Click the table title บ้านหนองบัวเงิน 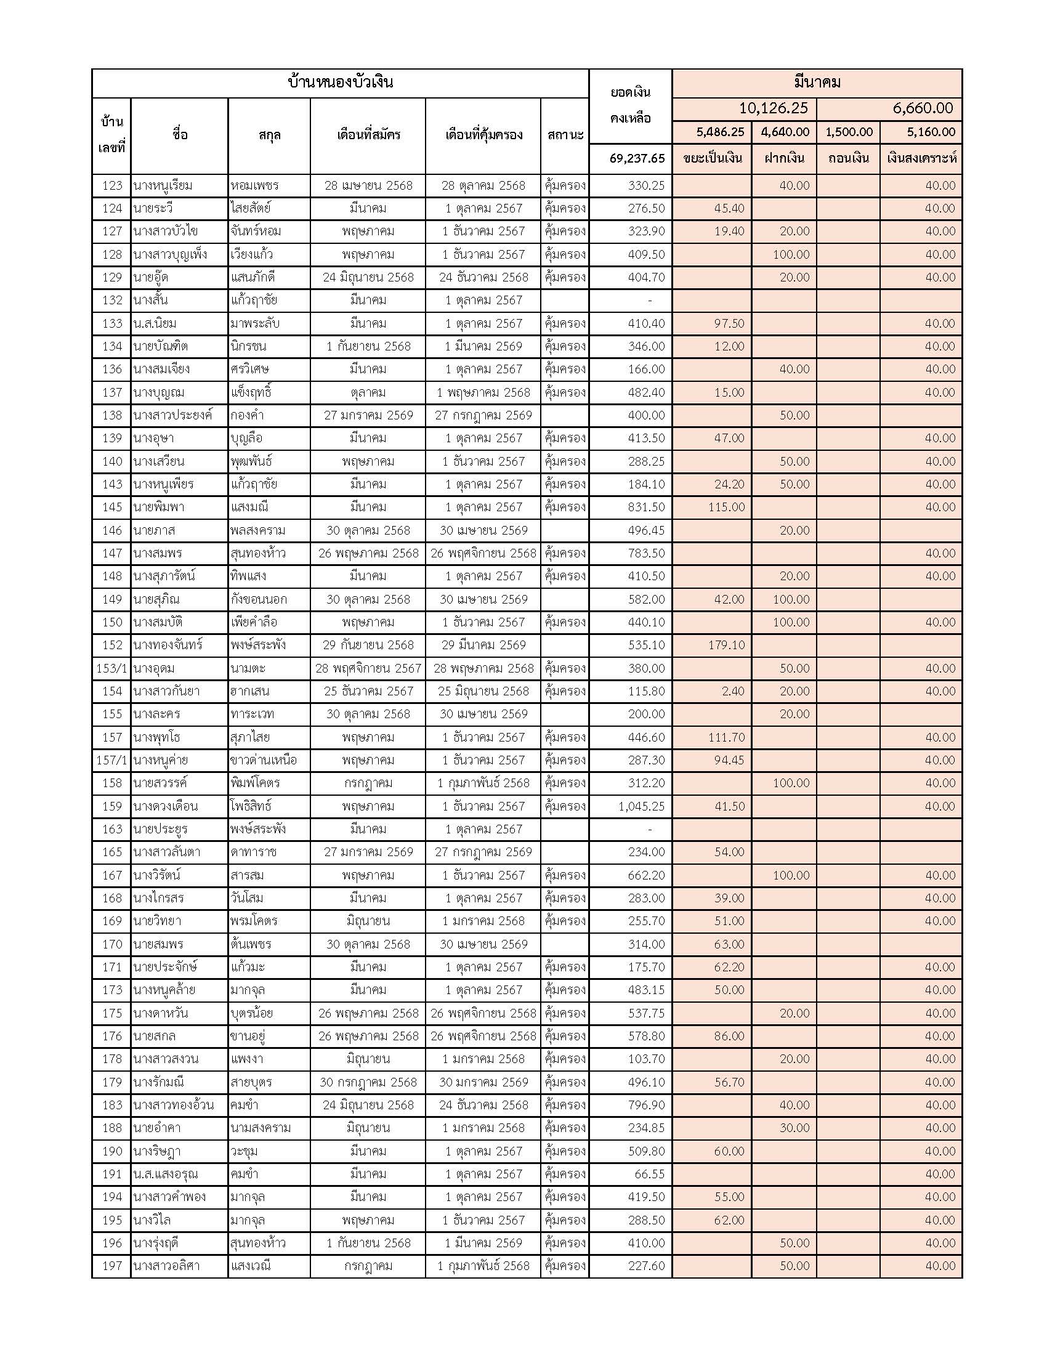point(340,83)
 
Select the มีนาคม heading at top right point(816,83)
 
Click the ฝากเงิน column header point(784,158)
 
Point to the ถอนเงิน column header point(848,158)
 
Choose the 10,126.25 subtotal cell point(773,108)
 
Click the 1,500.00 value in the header point(849,132)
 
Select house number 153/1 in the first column point(111,668)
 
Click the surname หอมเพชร point(254,185)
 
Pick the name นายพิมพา point(158,507)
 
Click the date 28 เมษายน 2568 point(368,185)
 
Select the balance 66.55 point(649,1175)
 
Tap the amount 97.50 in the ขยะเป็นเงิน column point(729,323)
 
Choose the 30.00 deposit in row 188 point(794,1128)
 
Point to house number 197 point(111,1266)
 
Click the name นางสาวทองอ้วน point(173,1105)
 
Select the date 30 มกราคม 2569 point(483,1082)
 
